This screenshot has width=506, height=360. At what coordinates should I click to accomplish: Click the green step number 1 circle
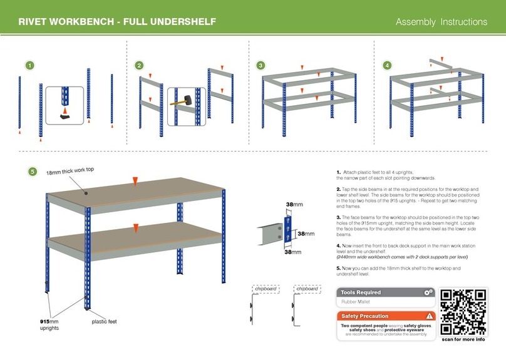point(29,65)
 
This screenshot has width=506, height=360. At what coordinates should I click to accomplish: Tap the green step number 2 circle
point(139,65)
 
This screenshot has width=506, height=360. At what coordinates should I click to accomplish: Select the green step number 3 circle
point(261,65)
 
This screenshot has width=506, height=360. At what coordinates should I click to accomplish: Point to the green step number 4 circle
point(388,65)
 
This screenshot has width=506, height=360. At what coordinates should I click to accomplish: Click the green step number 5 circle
point(33,172)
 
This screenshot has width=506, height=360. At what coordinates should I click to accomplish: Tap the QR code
point(463,311)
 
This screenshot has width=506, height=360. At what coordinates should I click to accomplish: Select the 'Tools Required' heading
point(361,292)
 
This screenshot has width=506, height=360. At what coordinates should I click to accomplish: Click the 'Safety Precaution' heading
point(364,316)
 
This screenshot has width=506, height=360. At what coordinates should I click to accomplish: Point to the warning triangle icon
point(429,316)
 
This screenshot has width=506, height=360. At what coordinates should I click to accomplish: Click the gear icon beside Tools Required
point(428,292)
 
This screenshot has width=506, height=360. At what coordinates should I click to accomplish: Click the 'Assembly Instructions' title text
point(441,22)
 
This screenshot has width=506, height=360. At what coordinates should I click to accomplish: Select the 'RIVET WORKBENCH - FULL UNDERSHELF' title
point(117,22)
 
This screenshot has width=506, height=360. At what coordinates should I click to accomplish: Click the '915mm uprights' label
point(45,324)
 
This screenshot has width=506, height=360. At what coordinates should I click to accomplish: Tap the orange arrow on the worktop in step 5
point(135,182)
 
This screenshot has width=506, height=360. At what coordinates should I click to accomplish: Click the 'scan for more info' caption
point(463,339)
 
